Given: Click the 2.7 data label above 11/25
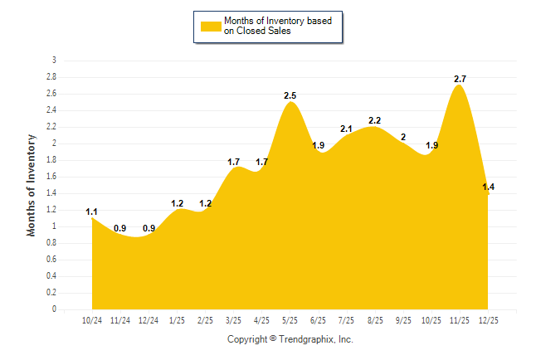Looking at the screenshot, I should click(x=460, y=79).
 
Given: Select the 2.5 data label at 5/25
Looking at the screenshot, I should click(x=290, y=95).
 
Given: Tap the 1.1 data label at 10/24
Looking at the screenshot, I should click(x=92, y=212).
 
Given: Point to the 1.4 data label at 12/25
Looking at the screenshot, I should click(x=489, y=187).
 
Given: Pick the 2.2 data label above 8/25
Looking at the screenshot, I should click(x=374, y=120).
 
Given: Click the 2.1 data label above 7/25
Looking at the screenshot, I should click(x=346, y=129).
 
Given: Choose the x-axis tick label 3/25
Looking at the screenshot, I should click(x=233, y=319).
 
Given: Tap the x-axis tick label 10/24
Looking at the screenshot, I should click(x=92, y=319).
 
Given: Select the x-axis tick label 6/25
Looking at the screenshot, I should click(x=318, y=319).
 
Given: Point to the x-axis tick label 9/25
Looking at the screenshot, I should click(x=402, y=319).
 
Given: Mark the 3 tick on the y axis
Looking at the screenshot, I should click(x=55, y=61).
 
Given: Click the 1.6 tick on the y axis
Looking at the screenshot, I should click(x=51, y=177).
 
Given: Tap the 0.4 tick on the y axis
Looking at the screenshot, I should click(x=51, y=276).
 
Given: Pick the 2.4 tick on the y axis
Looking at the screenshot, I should click(x=51, y=110).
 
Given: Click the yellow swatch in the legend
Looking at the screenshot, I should click(x=210, y=27).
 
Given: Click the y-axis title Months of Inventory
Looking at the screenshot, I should click(x=32, y=185).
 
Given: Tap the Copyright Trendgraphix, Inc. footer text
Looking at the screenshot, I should click(x=290, y=339).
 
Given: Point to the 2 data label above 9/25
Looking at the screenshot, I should click(x=403, y=137).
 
